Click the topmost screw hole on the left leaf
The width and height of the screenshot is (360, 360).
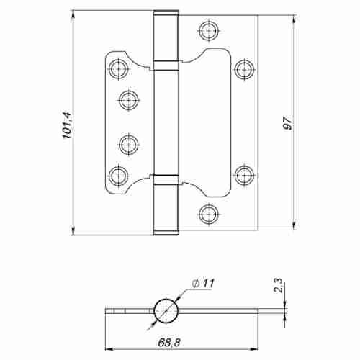(x=118, y=68)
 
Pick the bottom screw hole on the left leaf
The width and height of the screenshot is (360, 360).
(x=118, y=174)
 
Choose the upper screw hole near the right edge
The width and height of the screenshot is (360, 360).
(x=243, y=68)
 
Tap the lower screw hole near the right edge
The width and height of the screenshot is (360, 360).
(x=243, y=174)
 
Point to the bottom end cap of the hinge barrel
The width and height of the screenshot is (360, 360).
(x=166, y=230)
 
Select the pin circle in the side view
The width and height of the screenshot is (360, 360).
(x=166, y=310)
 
